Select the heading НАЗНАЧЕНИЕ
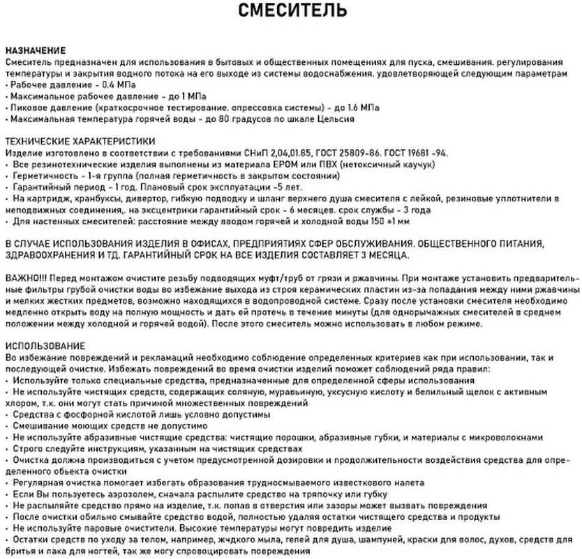(36, 51)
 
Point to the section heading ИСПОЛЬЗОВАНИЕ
(45, 346)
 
